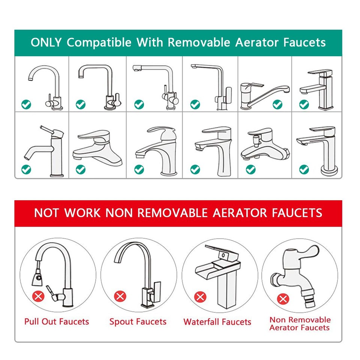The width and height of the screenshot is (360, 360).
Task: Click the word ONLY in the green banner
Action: click(46, 42)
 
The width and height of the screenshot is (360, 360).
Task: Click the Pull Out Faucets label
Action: click(57, 321)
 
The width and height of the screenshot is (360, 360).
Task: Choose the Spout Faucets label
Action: click(138, 321)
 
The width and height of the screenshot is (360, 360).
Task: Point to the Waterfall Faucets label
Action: click(217, 322)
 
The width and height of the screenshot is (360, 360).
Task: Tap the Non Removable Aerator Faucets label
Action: click(300, 324)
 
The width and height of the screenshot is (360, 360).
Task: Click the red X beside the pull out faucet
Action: click(38, 297)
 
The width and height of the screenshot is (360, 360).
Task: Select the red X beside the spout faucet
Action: click(120, 297)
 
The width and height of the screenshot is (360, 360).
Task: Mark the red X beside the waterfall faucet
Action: click(200, 297)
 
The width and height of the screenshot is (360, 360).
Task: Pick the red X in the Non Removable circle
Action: click(283, 299)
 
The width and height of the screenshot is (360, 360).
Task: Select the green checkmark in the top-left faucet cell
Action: click(26, 105)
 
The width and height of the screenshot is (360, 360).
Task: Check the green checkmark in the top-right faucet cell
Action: click(304, 105)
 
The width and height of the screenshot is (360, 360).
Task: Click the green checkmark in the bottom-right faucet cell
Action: click(304, 169)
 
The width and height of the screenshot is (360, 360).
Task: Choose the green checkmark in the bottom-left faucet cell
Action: click(26, 169)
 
